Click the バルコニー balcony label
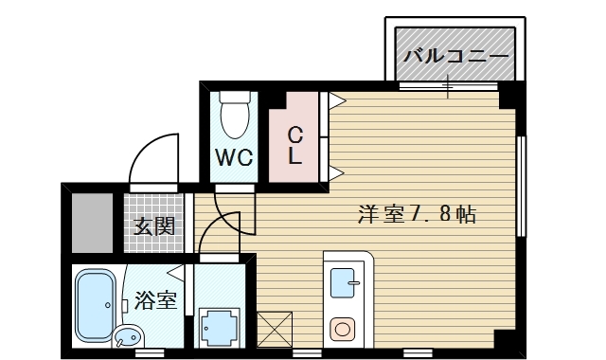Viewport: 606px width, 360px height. pos(456,56)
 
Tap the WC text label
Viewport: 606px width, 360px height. pos(233,157)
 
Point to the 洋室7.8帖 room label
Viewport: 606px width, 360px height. pos(417,214)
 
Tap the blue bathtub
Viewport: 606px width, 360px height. pos(95,306)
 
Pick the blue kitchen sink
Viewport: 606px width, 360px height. pos(342,282)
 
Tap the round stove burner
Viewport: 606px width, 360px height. pos(342,329)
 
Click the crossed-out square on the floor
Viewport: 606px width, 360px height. pos(272,329)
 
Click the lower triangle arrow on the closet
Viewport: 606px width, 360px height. pos(335,173)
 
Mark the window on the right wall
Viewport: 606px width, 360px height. pos(521,187)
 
